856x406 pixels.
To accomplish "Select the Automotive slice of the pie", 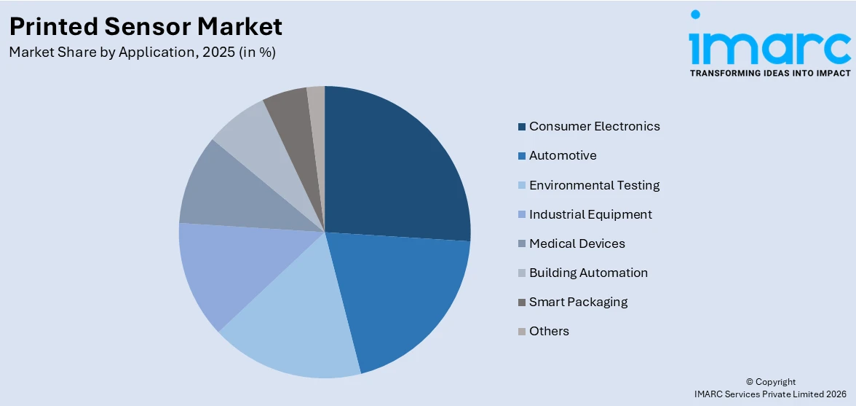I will (x=408, y=299).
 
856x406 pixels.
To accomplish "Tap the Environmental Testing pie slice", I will (x=291, y=328).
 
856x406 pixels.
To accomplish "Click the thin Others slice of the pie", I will (x=317, y=102).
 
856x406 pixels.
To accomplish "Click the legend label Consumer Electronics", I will (x=594, y=126).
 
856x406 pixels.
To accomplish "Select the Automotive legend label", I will (x=562, y=155).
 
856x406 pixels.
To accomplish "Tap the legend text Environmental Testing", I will (x=594, y=185).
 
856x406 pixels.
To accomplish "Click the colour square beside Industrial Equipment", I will (x=522, y=215).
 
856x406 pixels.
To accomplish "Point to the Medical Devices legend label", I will (x=576, y=243).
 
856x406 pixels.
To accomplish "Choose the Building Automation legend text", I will (x=588, y=273).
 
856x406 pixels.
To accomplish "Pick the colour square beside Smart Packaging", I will (x=522, y=302).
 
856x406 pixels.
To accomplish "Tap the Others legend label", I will (x=549, y=331).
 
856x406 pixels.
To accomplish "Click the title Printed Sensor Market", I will (x=146, y=26).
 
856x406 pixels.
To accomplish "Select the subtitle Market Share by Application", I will (x=142, y=52).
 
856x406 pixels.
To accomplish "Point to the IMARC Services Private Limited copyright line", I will (x=770, y=394).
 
